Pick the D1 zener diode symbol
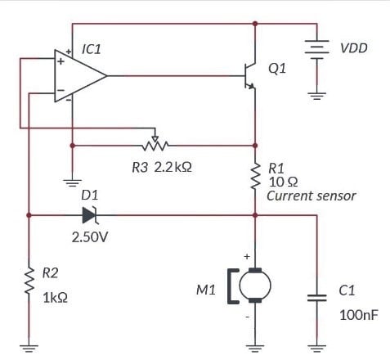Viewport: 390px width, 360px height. point(90,216)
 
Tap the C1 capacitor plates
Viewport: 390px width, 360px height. point(315,297)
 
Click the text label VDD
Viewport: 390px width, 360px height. point(354,49)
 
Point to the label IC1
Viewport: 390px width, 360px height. point(92,49)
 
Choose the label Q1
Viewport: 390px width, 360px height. point(277,69)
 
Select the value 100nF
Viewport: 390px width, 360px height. point(358,315)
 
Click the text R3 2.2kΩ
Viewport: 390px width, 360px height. point(161,168)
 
